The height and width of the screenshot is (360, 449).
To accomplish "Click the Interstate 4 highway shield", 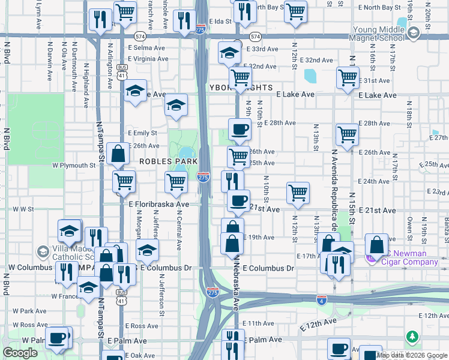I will (x=322, y=299).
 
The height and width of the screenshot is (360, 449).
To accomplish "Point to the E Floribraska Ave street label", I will (x=159, y=204).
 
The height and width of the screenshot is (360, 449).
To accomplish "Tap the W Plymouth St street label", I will (x=74, y=165).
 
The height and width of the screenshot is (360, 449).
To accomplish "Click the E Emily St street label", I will (x=142, y=133).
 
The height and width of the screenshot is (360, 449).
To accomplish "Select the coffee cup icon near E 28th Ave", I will (x=240, y=130).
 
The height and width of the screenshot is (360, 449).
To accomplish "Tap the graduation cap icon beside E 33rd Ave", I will (x=229, y=54).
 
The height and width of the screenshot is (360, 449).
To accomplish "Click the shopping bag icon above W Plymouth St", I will (x=118, y=154).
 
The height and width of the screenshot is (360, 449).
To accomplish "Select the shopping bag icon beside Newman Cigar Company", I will (x=376, y=245).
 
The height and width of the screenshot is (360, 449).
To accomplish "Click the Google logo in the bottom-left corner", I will (x=20, y=353).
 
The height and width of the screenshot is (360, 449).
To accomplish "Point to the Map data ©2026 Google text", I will (x=412, y=356).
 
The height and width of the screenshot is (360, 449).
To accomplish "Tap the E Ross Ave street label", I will (x=142, y=326).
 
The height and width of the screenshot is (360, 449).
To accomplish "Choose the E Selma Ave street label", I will (x=146, y=47).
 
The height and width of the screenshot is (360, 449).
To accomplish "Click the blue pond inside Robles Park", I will (x=185, y=152).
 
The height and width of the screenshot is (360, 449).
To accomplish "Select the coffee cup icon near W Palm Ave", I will (x=58, y=338).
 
